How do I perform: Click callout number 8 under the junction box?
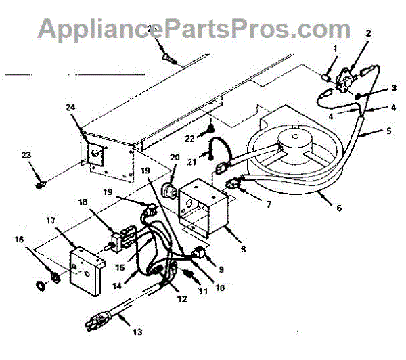242,249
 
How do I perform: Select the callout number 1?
334,48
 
